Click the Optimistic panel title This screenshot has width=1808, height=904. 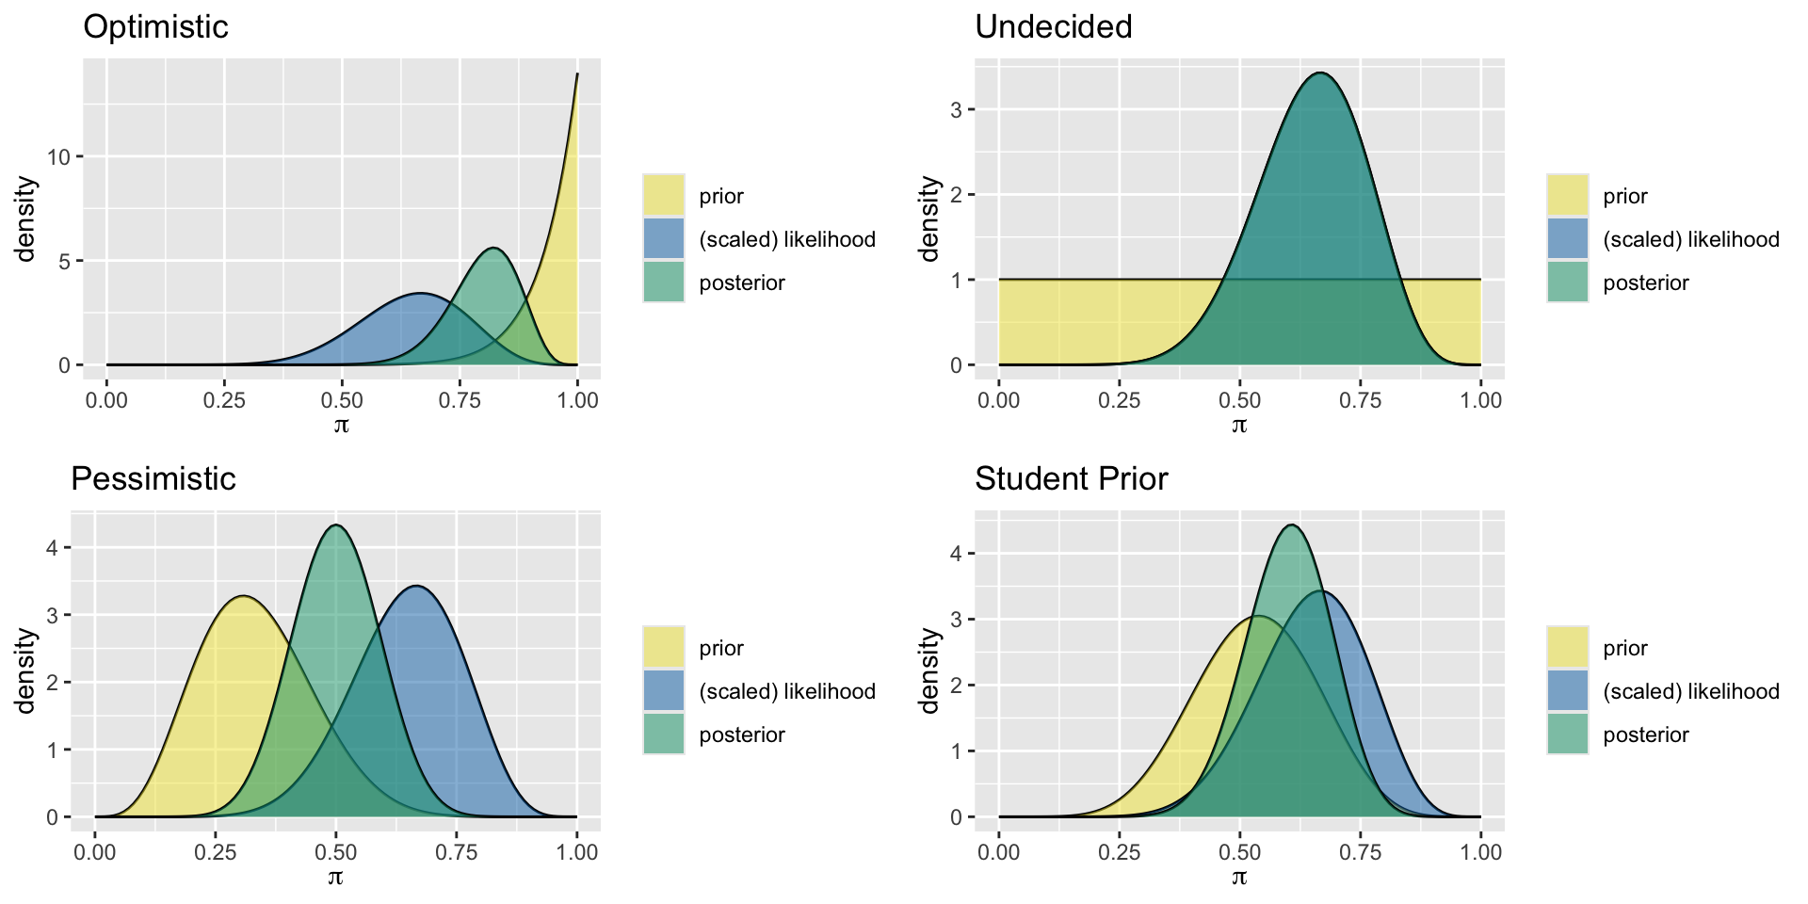pos(155,27)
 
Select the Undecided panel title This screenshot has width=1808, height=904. pos(1053,27)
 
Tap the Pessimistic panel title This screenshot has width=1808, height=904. pos(153,479)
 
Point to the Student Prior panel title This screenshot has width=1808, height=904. pos(1071,479)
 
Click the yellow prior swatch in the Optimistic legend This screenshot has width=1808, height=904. pos(664,195)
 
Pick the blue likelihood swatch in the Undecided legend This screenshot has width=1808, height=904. pos(1567,238)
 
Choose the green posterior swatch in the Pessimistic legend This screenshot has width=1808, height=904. pos(664,734)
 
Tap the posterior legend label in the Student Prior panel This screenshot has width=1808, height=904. pos(1645,734)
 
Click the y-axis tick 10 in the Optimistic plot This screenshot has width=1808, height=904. pos(59,156)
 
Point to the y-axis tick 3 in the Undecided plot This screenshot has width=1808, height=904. pos(956,110)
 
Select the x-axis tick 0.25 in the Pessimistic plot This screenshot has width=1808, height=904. pos(216,852)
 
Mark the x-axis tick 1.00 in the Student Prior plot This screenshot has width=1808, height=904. pos(1480,852)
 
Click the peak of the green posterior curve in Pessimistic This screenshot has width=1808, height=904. pos(336,525)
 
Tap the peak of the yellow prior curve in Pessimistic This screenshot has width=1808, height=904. pos(244,596)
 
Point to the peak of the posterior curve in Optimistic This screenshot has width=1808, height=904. pos(493,249)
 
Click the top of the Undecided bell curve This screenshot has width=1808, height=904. pos(1321,73)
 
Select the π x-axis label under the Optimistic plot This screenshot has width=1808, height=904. pos(341,425)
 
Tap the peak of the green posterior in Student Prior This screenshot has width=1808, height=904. pos(1292,525)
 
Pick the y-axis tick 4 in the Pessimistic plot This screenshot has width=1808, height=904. pos(53,548)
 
